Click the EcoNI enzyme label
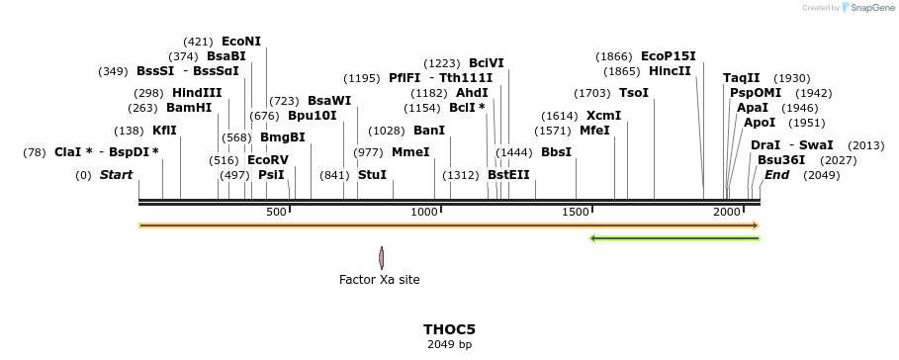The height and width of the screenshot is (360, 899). pyautogui.click(x=241, y=42)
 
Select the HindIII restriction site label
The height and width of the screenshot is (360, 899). pyautogui.click(x=197, y=93)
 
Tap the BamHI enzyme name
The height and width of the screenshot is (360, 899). pyautogui.click(x=189, y=108)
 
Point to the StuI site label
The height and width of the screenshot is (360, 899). pyautogui.click(x=372, y=175)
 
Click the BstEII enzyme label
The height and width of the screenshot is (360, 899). pyautogui.click(x=508, y=175)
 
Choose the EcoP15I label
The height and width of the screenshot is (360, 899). pyautogui.click(x=669, y=56)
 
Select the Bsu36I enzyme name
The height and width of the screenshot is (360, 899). pyautogui.click(x=781, y=160)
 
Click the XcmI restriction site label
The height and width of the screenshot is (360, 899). pyautogui.click(x=603, y=116)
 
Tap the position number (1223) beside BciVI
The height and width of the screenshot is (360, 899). pyautogui.click(x=442, y=63)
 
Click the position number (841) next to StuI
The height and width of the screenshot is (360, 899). pyautogui.click(x=334, y=175)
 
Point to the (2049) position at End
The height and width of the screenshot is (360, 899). pyautogui.click(x=821, y=175)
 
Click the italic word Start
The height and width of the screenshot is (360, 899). pyautogui.click(x=116, y=175)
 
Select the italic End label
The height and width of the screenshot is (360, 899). pyautogui.click(x=776, y=175)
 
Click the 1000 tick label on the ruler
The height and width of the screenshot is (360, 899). pyautogui.click(x=425, y=212)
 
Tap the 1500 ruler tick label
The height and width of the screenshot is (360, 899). pyautogui.click(x=577, y=212)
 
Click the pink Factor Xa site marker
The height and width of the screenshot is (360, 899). pyautogui.click(x=382, y=258)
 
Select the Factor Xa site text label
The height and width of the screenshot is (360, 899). pyautogui.click(x=379, y=280)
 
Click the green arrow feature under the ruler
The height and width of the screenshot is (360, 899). pyautogui.click(x=674, y=238)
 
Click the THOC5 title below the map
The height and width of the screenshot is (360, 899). pyautogui.click(x=449, y=329)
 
